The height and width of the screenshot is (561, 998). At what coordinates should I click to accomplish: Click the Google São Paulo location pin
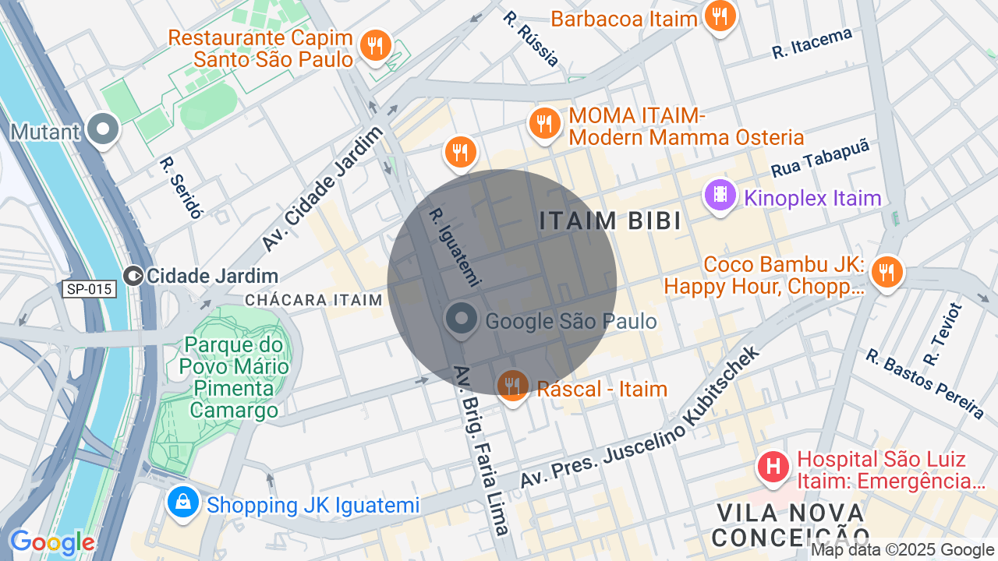pyautogui.click(x=462, y=319)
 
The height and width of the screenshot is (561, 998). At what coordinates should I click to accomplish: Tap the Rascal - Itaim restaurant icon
pyautogui.click(x=512, y=385)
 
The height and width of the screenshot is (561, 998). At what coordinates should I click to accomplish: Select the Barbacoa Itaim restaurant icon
pyautogui.click(x=720, y=16)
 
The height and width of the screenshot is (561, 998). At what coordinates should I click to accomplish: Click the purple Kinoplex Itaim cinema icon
pyautogui.click(x=720, y=195)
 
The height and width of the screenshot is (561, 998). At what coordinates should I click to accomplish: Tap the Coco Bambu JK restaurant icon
pyautogui.click(x=887, y=272)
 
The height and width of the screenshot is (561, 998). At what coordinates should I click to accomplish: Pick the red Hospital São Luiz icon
pyautogui.click(x=773, y=467)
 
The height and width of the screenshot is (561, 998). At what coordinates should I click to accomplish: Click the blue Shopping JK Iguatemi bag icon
pyautogui.click(x=182, y=503)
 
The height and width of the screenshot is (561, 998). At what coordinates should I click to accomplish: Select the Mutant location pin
pyautogui.click(x=102, y=130)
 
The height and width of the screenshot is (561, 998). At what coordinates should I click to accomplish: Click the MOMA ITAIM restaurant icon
pyautogui.click(x=545, y=123)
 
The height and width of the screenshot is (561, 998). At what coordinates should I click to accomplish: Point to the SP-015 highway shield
pyautogui.click(x=90, y=289)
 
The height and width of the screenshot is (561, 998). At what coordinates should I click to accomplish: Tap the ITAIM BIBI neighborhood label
pyautogui.click(x=610, y=221)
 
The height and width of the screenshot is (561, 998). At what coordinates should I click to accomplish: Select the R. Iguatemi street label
pyautogui.click(x=455, y=246)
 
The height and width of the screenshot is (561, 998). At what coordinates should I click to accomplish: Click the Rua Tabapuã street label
pyautogui.click(x=819, y=158)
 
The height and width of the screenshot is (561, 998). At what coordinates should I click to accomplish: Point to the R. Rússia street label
pyautogui.click(x=530, y=38)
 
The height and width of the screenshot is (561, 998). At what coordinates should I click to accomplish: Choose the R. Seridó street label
pyautogui.click(x=181, y=188)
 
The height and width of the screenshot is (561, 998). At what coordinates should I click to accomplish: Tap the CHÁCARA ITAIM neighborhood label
pyautogui.click(x=313, y=300)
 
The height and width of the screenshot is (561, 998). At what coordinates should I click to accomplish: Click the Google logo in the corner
pyautogui.click(x=52, y=542)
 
